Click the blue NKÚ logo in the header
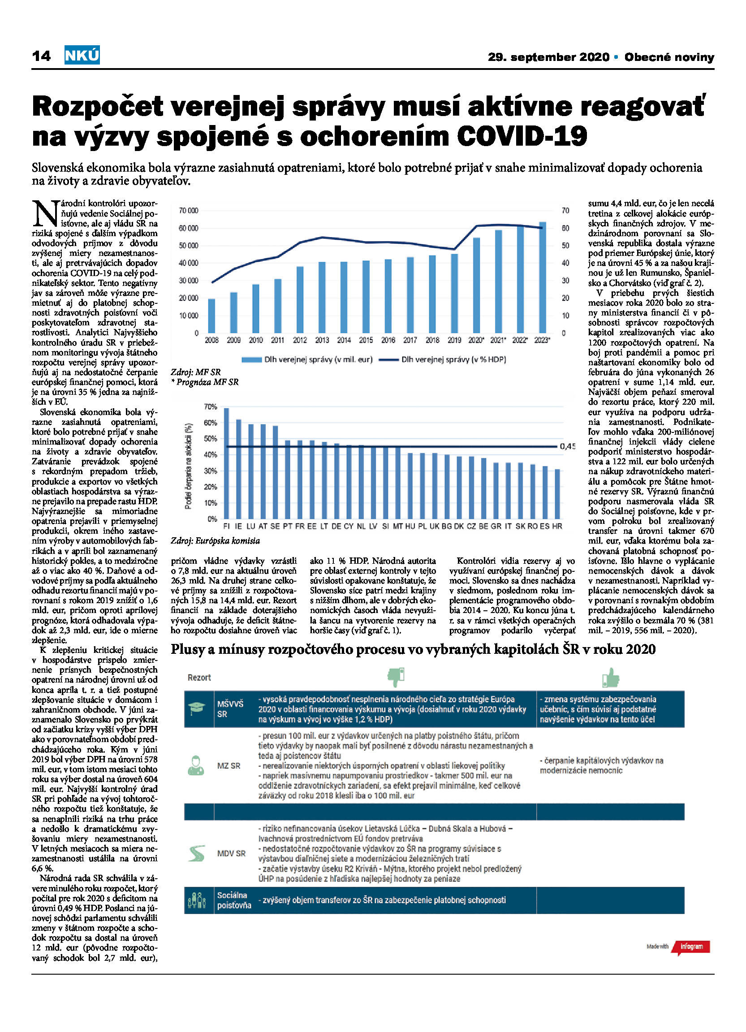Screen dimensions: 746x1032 coord(82,55)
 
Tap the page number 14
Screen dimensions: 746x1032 coord(41,56)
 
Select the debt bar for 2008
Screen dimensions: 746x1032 coord(211,316)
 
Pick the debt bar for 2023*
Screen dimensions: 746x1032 coord(542,277)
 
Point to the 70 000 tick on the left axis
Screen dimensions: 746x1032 coord(189,211)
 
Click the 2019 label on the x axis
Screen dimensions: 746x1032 coord(454,340)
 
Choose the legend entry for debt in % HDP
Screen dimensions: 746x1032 coord(442,359)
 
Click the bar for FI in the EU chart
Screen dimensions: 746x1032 coord(227,463)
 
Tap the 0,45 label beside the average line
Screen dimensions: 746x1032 coord(568,446)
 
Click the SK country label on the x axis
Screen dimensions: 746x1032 coord(520,526)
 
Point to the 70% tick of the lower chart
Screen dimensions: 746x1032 coord(211,407)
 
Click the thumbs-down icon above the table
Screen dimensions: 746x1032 coord(396,677)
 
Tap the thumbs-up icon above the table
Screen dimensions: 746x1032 coord(610,677)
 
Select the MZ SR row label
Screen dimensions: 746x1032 coord(229,766)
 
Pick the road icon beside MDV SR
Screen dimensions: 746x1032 coord(197,853)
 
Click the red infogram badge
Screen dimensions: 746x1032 coord(691,947)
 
